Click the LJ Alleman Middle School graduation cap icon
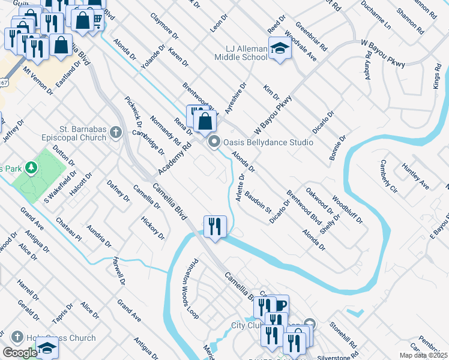pyautogui.click(x=279, y=47)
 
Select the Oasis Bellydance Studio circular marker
pyautogui.click(x=214, y=142)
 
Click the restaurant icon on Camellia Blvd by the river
pyautogui.click(x=215, y=226)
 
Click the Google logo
pyautogui.click(x=19, y=353)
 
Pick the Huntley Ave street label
pyautogui.click(x=415, y=176)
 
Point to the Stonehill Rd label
pyautogui.click(x=343, y=336)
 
